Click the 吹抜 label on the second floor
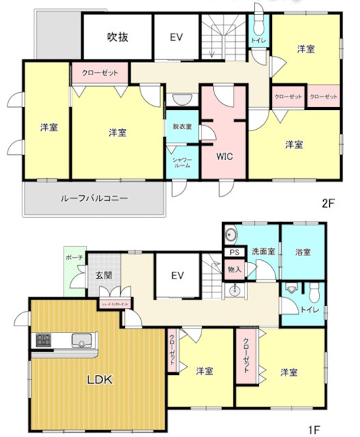coord(117,38)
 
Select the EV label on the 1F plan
coord(178,275)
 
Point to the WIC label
coord(225,156)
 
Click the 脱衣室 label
coord(182,127)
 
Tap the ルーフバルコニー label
coord(94,199)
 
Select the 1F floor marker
coord(314,429)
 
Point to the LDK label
coord(99,380)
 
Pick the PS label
coord(234,252)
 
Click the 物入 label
coord(234,269)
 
